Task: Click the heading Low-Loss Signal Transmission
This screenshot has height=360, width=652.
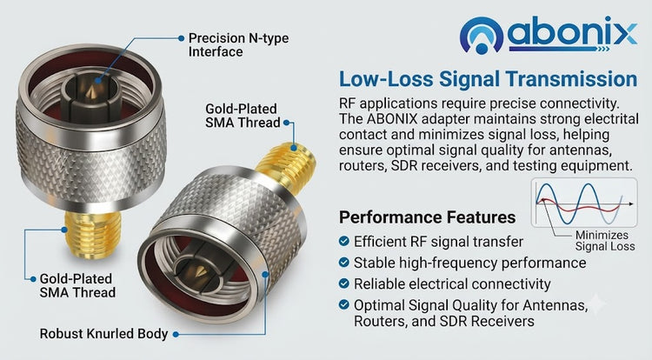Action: click(489, 79)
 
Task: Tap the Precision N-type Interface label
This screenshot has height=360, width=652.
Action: click(238, 45)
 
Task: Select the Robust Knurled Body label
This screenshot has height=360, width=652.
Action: click(103, 334)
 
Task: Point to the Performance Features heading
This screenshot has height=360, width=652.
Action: click(427, 217)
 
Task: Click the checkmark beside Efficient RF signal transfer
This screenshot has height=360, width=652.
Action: click(344, 241)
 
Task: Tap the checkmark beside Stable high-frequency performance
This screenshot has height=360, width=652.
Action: click(344, 263)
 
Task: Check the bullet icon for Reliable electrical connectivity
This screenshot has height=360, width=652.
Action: click(344, 283)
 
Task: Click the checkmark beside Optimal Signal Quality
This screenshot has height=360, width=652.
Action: click(344, 304)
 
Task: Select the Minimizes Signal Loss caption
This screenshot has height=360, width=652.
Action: click(605, 241)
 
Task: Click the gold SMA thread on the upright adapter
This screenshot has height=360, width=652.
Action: click(92, 234)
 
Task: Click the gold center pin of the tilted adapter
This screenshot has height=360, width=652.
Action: click(200, 271)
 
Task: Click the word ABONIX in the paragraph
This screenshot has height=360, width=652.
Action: click(392, 119)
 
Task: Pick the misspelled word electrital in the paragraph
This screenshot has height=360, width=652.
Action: click(611, 119)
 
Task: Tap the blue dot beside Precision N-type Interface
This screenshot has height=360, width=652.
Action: click(182, 38)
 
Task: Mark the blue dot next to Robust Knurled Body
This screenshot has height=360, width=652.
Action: click(176, 334)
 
